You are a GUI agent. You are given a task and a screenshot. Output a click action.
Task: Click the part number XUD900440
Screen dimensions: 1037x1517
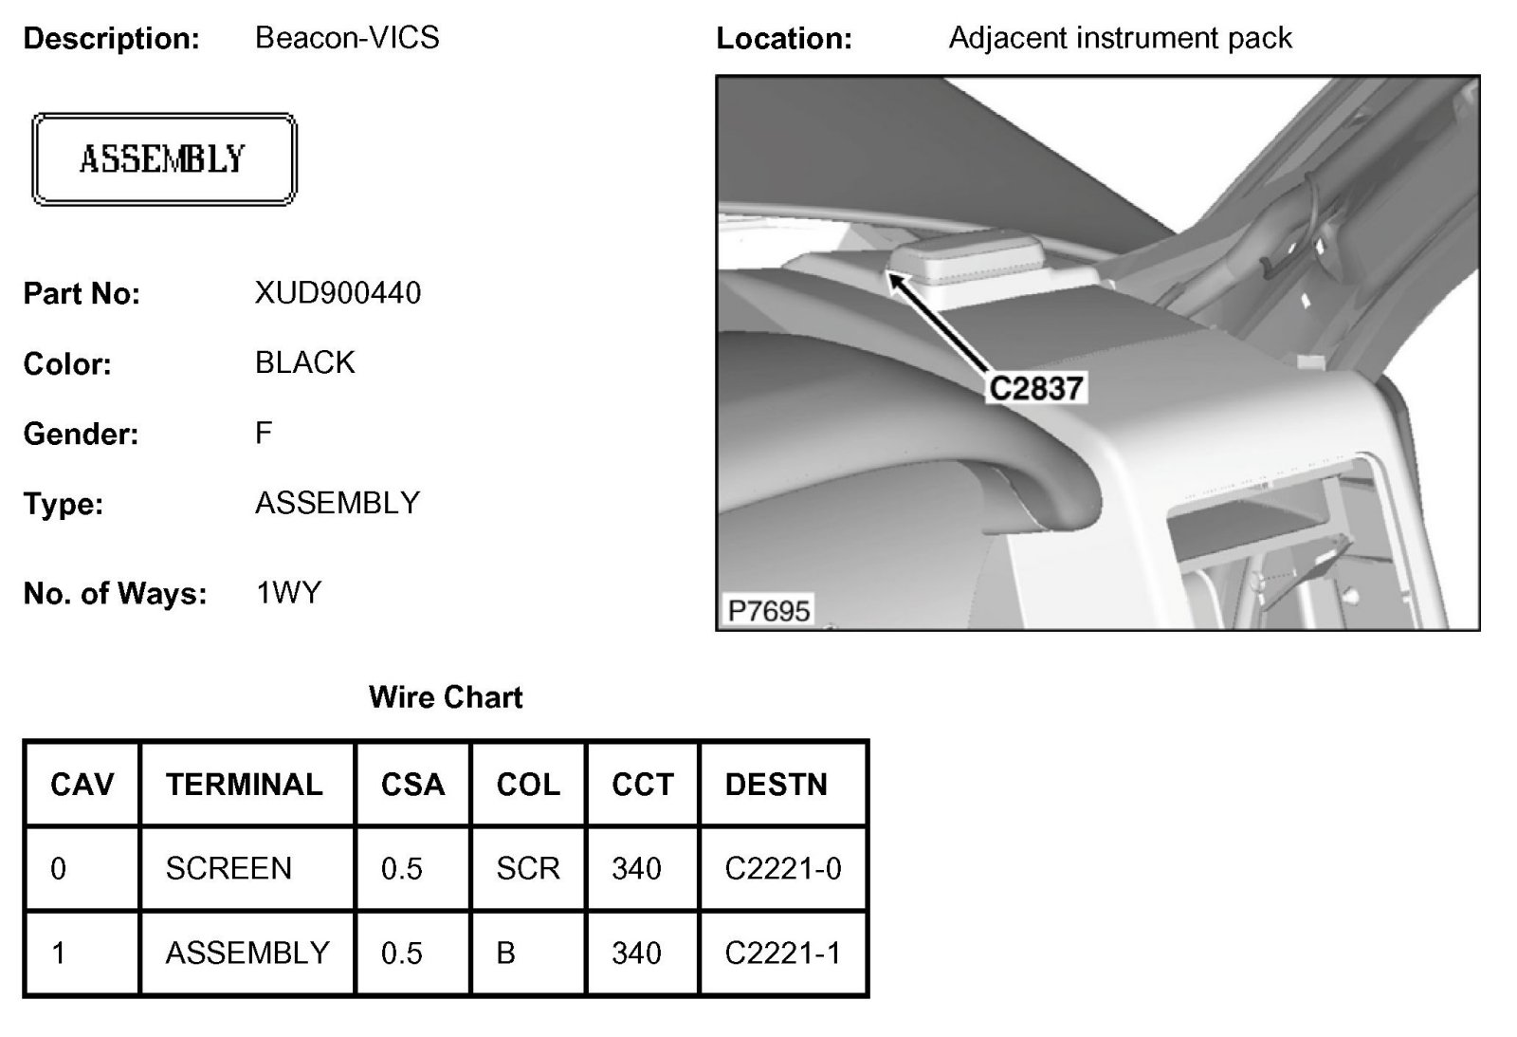coord(338,293)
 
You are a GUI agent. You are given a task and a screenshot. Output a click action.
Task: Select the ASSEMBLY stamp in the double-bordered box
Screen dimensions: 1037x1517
coord(163,159)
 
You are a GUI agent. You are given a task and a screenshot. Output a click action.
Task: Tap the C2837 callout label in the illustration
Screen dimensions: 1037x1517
coord(1035,388)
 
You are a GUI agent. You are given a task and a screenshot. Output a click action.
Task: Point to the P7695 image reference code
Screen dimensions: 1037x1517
coord(769,609)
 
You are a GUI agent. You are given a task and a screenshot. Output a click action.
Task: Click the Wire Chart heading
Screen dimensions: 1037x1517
coord(445,697)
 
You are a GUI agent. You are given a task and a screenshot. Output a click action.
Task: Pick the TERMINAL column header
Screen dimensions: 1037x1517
coord(245,785)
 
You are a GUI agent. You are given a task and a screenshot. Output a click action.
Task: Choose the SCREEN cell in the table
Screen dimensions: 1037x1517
coord(228,868)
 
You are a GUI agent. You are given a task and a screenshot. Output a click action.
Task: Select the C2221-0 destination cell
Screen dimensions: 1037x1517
coord(782,868)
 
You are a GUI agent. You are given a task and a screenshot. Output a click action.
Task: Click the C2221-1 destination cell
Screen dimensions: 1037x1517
coord(782,953)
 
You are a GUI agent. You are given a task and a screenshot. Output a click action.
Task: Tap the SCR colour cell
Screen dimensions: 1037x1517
coord(527,868)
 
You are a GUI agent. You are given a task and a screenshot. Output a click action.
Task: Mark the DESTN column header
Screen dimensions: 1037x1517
coord(776,785)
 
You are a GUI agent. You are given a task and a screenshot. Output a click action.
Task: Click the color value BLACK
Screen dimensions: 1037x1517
coord(305,362)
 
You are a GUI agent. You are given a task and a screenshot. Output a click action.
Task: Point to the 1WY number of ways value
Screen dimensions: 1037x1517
coord(289,593)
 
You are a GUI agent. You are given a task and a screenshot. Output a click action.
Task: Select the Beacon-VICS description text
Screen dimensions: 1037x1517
coord(347,38)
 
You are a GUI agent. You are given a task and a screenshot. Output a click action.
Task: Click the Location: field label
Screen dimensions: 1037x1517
coord(784,39)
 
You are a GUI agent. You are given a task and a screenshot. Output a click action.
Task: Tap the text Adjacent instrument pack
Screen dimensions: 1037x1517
coord(1120,38)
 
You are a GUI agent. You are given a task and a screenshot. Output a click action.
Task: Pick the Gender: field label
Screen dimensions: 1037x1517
coord(81,435)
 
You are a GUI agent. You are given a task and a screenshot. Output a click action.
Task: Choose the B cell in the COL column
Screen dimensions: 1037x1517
coord(505,953)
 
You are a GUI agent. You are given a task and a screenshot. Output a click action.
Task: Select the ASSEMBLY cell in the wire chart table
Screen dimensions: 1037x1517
coord(247,953)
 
